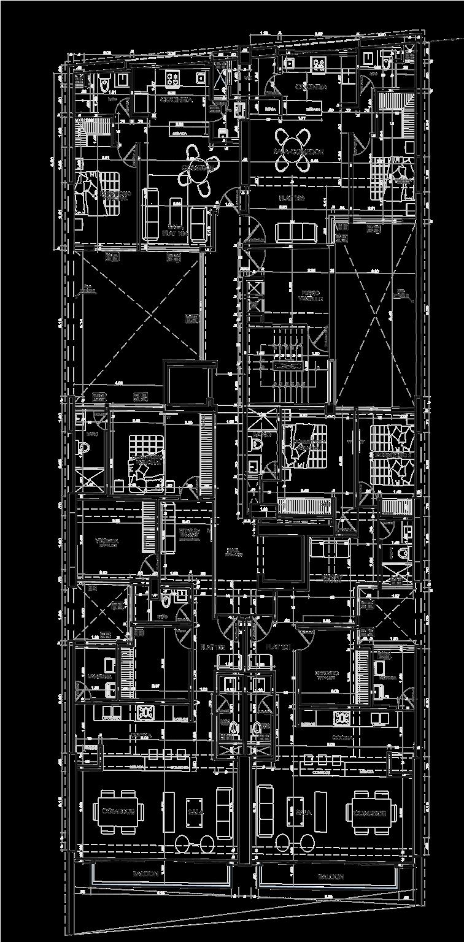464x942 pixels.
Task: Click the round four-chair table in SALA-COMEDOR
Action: click(292, 150)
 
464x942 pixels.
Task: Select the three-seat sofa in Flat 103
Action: click(296, 232)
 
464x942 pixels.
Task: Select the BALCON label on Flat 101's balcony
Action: click(330, 877)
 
